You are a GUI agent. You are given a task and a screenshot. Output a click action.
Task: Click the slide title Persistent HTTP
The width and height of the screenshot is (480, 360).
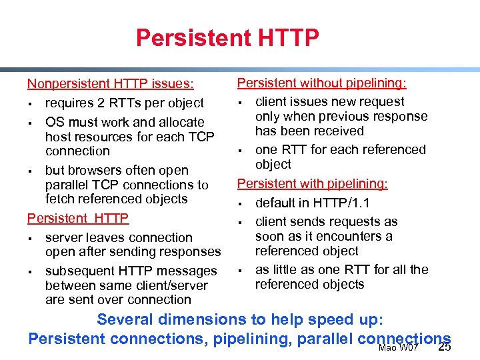227,38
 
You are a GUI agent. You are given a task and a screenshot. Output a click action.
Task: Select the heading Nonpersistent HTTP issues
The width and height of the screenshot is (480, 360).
111,84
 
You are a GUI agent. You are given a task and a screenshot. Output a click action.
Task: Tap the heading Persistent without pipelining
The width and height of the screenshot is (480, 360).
322,83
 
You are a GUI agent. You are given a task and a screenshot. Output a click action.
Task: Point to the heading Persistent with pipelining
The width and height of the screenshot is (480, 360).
313,183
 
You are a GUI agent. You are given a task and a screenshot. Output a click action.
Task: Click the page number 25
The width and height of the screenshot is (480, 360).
445,347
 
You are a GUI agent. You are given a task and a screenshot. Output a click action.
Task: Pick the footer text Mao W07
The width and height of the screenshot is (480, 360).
398,348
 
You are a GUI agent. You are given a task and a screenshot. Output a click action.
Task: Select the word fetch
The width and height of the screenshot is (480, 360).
60,199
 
